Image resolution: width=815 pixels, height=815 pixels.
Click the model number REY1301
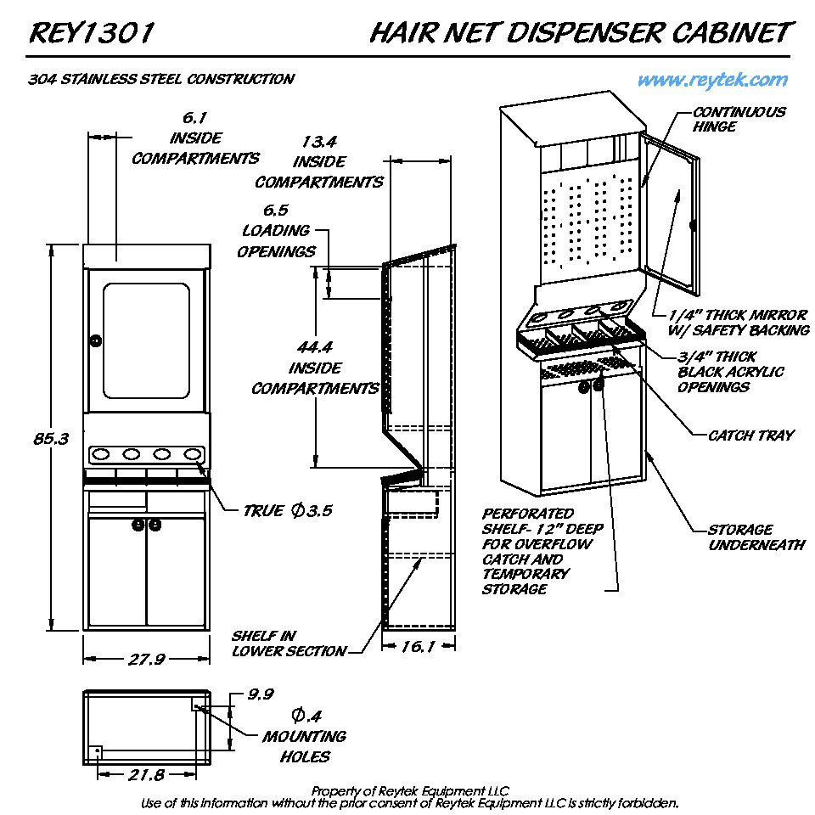tap(92, 33)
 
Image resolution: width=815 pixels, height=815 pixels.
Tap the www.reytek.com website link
tap(712, 80)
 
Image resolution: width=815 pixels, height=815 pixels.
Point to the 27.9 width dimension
tap(146, 660)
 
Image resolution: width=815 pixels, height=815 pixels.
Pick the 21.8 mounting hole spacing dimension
tap(147, 774)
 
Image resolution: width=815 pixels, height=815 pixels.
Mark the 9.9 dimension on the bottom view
tap(260, 694)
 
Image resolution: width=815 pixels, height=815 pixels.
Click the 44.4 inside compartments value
tap(315, 348)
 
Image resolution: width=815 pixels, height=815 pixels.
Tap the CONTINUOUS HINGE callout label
tap(739, 119)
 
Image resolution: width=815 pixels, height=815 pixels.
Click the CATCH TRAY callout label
tap(750, 436)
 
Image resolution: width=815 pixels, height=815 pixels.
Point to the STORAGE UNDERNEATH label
tap(756, 537)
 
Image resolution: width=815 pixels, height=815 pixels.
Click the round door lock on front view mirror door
tap(95, 340)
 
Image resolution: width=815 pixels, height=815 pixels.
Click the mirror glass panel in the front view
tap(145, 331)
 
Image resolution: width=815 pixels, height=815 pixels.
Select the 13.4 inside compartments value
tap(319, 141)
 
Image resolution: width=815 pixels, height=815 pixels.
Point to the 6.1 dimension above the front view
tap(196, 117)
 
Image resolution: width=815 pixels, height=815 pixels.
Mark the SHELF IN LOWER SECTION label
tap(289, 644)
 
